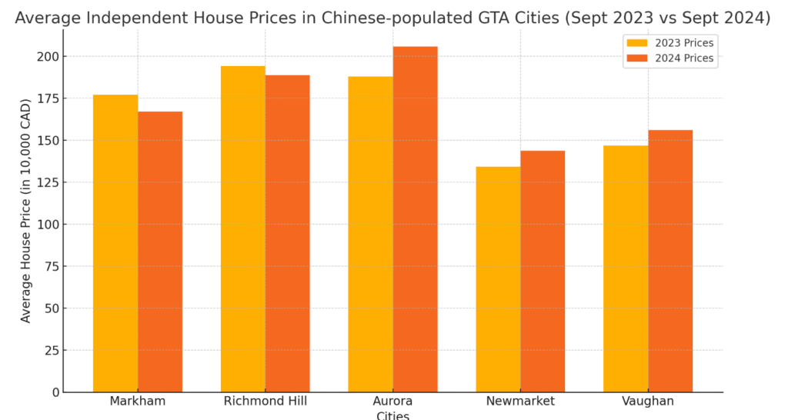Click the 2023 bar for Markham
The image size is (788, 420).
(x=115, y=243)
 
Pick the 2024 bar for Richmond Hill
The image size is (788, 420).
(x=288, y=233)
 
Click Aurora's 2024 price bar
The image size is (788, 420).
(x=416, y=219)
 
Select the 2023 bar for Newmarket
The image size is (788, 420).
(x=498, y=279)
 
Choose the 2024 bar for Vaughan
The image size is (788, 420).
(x=670, y=261)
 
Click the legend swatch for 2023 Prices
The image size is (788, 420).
(x=637, y=43)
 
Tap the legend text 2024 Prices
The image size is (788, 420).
(x=684, y=58)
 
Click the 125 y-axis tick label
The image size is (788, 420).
(x=45, y=182)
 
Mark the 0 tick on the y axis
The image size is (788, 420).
(x=55, y=392)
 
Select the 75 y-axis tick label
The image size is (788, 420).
(x=49, y=266)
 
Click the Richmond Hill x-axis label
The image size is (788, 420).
(x=265, y=402)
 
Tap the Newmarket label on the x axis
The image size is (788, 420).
(x=520, y=402)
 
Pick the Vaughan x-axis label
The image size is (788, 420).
(x=648, y=402)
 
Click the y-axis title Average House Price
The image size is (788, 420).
(x=26, y=210)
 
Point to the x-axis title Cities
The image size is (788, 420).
(x=392, y=415)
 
